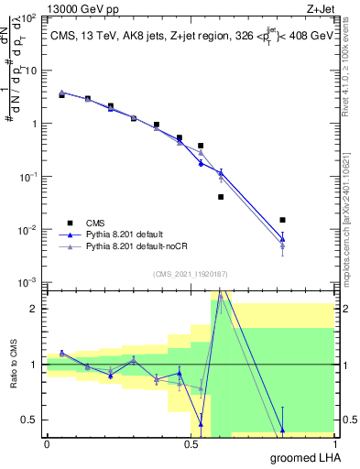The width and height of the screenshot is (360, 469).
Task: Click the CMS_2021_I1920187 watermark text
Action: coord(189,274)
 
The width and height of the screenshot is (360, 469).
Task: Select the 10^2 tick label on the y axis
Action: coord(27,18)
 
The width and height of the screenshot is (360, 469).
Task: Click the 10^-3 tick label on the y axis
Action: coord(27,282)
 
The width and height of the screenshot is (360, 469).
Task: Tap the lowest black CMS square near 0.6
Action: coord(221,197)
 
